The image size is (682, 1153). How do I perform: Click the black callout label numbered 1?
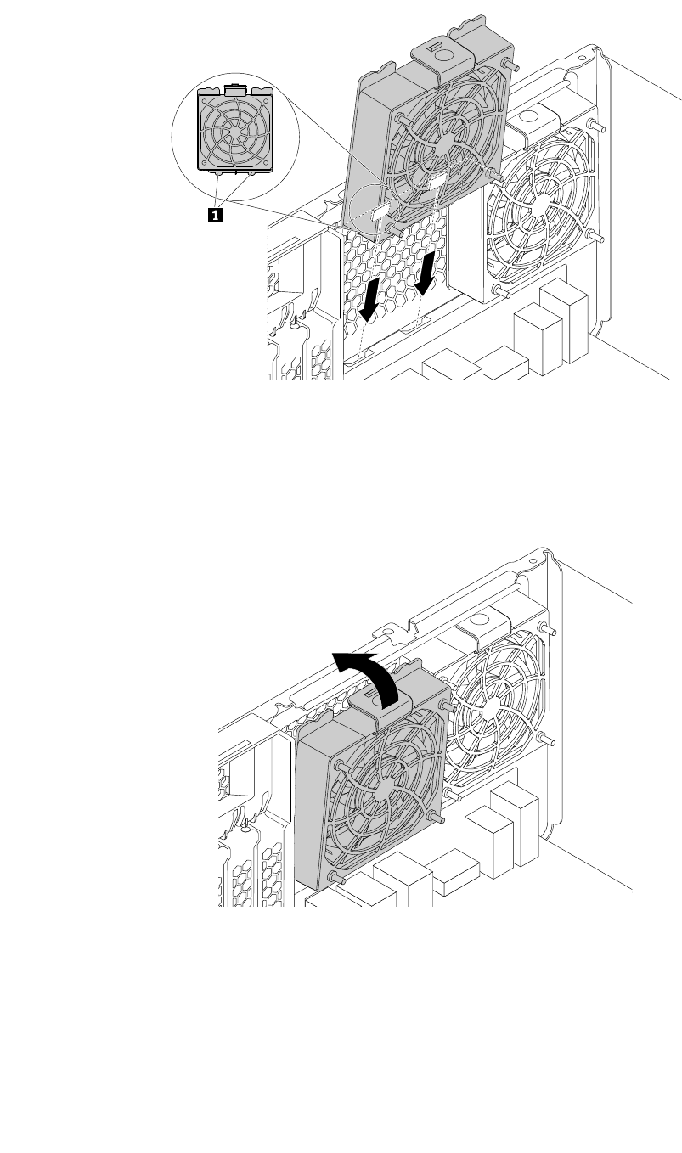(x=217, y=216)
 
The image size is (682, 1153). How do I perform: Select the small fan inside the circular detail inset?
(x=235, y=129)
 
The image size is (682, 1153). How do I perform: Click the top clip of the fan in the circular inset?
(x=237, y=87)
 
